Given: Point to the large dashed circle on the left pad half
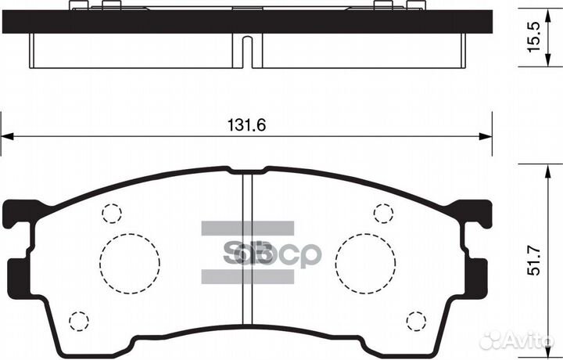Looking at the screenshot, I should pos(130,261).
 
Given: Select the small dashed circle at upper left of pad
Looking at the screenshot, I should pos(113,212).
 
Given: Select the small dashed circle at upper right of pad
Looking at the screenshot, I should pos(383,212).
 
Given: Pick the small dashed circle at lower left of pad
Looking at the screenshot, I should pos(78,321).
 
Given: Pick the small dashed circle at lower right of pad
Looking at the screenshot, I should pos(417,321).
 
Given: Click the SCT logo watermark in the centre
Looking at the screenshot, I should pos(249,252).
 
